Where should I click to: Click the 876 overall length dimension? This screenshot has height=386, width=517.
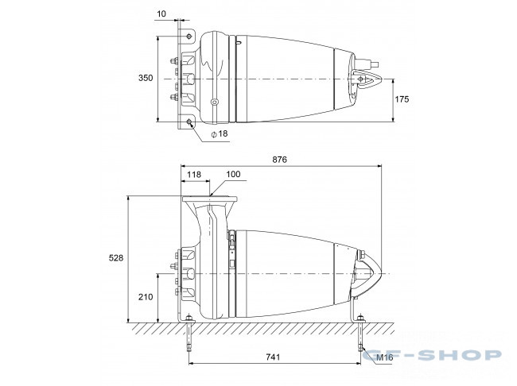(280, 160)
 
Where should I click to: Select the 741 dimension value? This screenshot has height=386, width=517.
(273, 357)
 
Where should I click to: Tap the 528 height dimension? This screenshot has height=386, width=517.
(116, 258)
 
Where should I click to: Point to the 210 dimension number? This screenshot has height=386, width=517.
(146, 297)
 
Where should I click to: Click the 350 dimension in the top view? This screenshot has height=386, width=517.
(146, 78)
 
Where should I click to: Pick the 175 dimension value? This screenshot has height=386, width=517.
(402, 99)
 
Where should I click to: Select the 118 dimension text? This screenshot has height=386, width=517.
(194, 175)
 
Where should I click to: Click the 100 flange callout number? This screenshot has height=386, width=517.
(233, 174)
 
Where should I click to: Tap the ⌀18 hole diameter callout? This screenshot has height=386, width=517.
(220, 133)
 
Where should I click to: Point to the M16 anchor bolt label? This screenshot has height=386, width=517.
(384, 357)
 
